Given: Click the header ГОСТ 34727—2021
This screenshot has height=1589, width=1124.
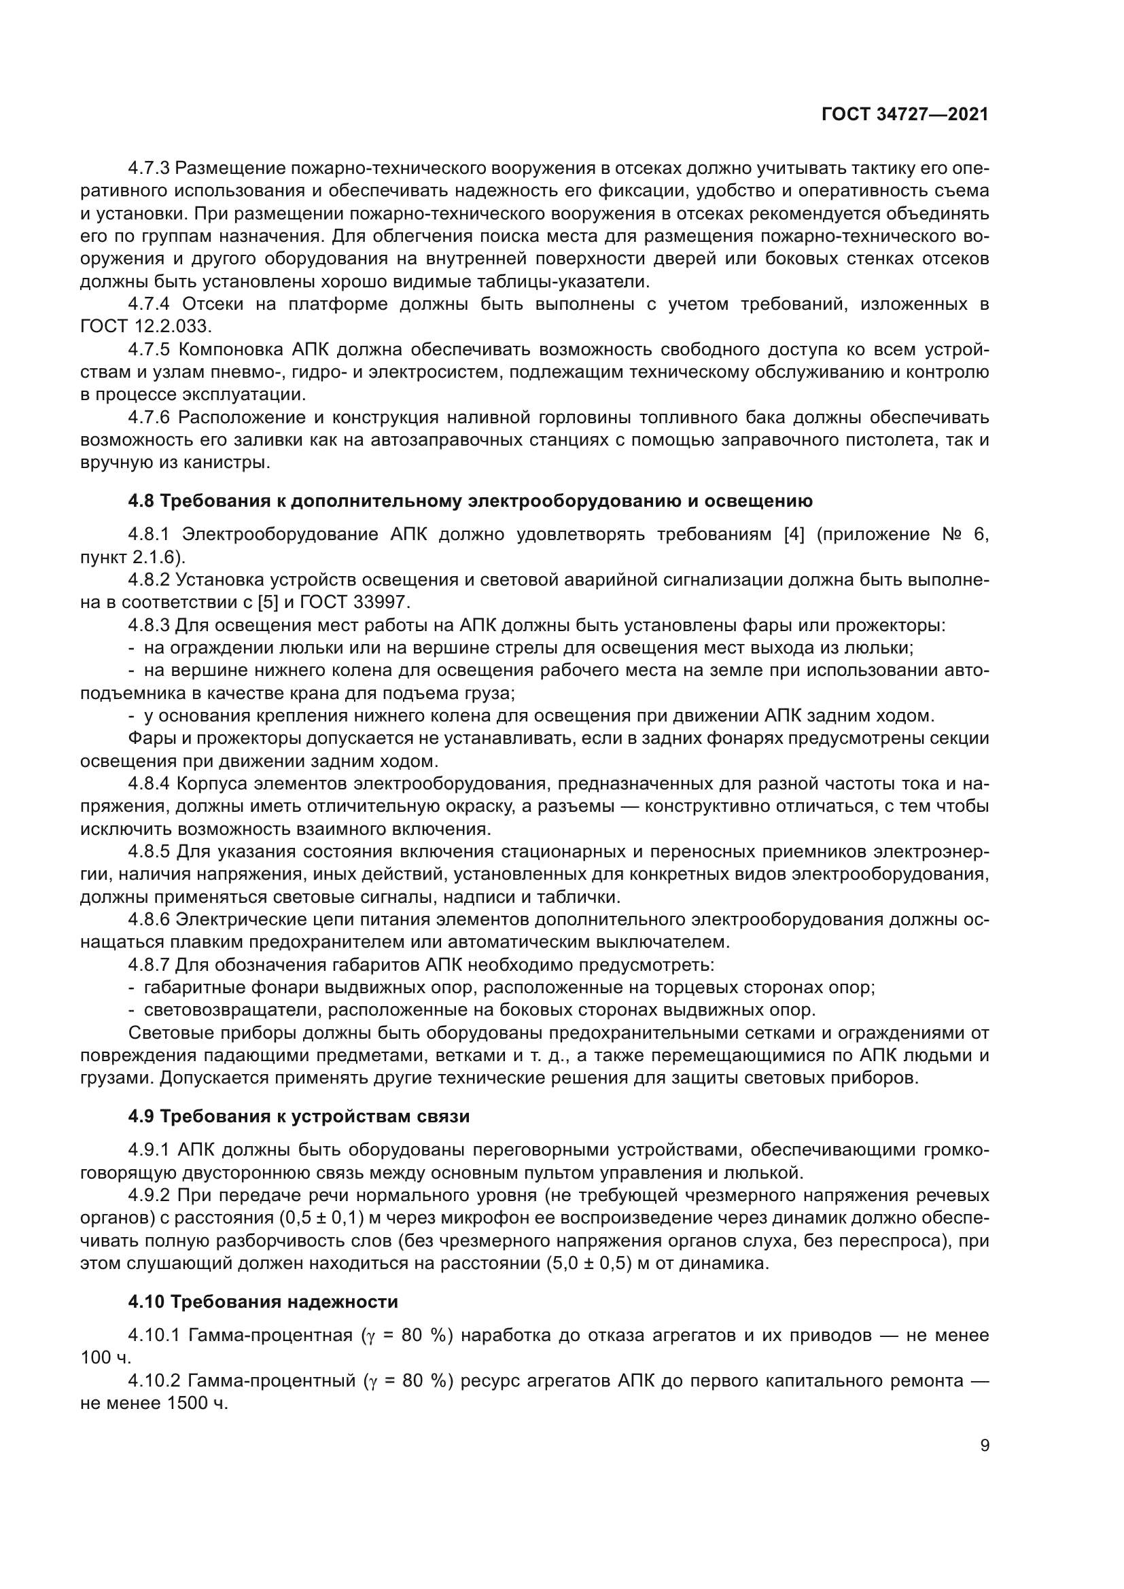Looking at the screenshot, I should (x=905, y=115).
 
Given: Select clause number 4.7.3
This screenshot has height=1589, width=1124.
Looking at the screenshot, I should (x=149, y=168).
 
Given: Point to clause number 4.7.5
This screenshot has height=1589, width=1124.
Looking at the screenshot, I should (x=149, y=349).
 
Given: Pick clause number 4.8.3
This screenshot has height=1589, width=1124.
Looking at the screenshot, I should (x=149, y=626).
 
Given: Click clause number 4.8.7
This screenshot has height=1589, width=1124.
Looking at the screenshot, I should (x=149, y=965).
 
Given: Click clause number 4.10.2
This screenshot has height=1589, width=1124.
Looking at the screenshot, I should (x=154, y=1381).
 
